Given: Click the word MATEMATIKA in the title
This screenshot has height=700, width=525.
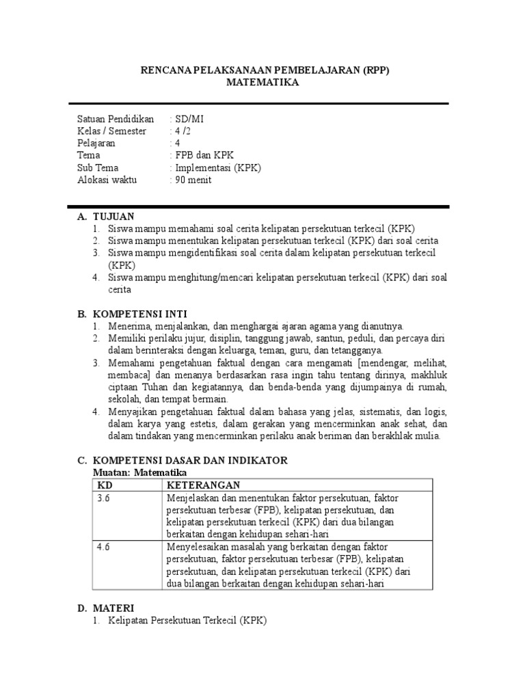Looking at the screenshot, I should tap(262, 82).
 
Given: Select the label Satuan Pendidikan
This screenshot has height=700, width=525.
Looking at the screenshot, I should tap(116, 119).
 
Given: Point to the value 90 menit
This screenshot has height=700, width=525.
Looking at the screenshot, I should tap(193, 180).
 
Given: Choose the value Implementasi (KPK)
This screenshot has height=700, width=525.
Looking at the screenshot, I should tap(218, 167).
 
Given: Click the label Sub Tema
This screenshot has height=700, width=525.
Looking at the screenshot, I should tap(98, 167).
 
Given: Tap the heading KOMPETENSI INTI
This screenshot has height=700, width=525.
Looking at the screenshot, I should tap(139, 314).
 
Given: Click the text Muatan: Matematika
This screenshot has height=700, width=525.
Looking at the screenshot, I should tap(139, 472).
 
